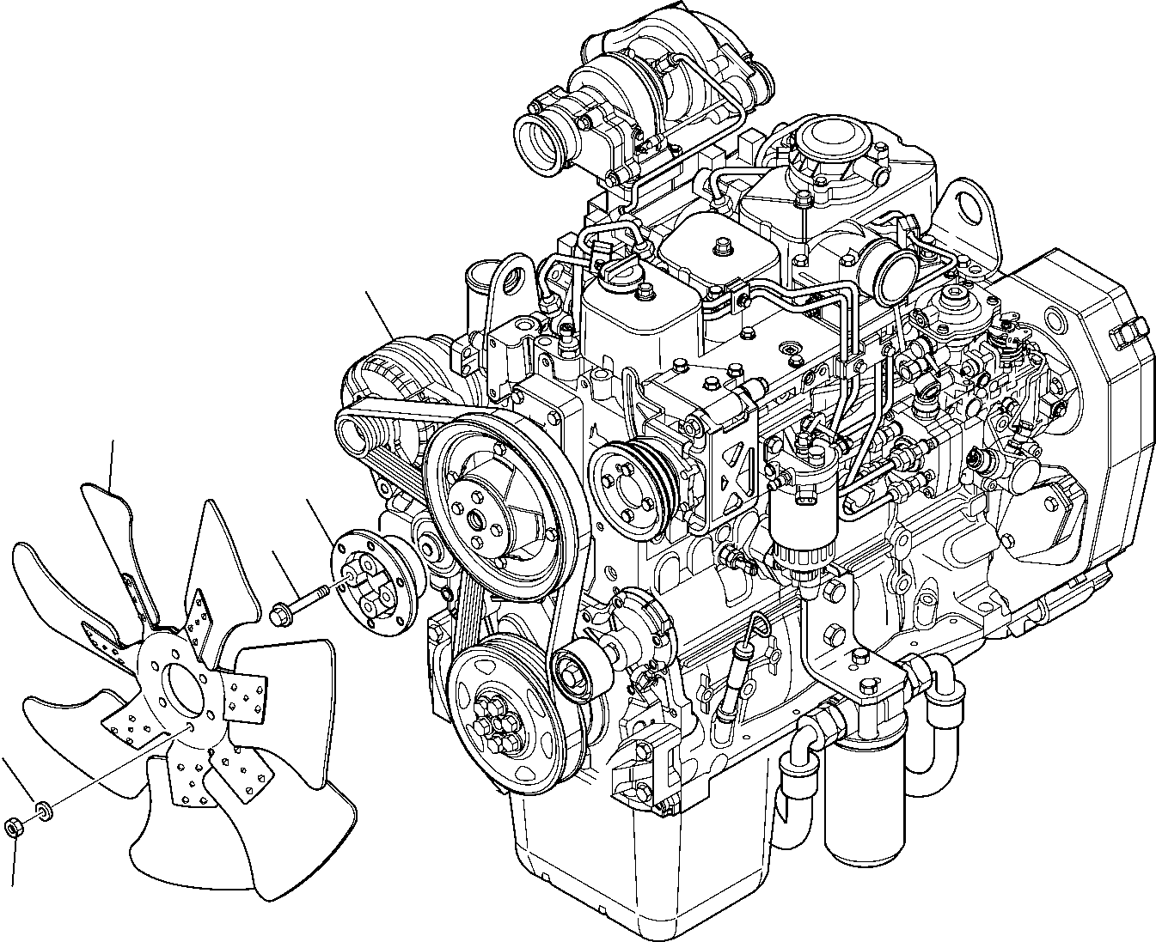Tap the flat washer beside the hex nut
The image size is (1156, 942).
pyautogui.click(x=42, y=808)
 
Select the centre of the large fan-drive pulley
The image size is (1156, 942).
pyautogui.click(x=475, y=520)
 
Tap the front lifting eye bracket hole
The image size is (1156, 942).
pyautogui.click(x=515, y=280)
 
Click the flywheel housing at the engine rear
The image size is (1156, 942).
pyautogui.click(x=1083, y=412)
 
